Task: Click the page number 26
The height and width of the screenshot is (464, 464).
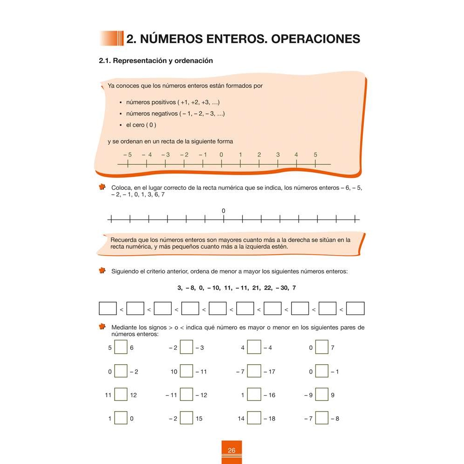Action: click(x=232, y=451)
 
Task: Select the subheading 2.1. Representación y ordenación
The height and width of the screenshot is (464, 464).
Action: click(x=156, y=61)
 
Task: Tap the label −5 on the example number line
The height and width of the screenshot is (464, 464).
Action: click(x=128, y=155)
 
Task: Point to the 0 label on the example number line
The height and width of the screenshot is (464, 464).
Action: click(x=221, y=155)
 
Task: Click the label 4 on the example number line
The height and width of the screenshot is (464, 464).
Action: click(x=296, y=155)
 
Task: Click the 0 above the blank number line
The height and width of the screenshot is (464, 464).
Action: click(x=223, y=211)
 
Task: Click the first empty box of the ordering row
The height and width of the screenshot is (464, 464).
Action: click(x=108, y=309)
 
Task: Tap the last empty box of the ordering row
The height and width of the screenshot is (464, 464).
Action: click(x=355, y=309)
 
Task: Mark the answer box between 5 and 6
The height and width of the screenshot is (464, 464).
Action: click(x=121, y=347)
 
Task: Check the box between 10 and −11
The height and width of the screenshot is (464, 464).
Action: click(x=187, y=371)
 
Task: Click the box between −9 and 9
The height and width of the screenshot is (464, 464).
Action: click(x=322, y=395)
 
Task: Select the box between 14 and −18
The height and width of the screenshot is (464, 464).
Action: click(x=254, y=418)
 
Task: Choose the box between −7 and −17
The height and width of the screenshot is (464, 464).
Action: click(x=254, y=371)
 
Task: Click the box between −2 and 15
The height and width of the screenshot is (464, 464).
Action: click(x=187, y=418)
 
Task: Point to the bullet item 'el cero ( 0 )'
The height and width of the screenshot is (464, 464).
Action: click(x=141, y=125)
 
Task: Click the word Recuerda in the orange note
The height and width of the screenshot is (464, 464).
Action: click(x=124, y=240)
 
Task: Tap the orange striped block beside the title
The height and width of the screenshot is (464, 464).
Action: click(x=111, y=39)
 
